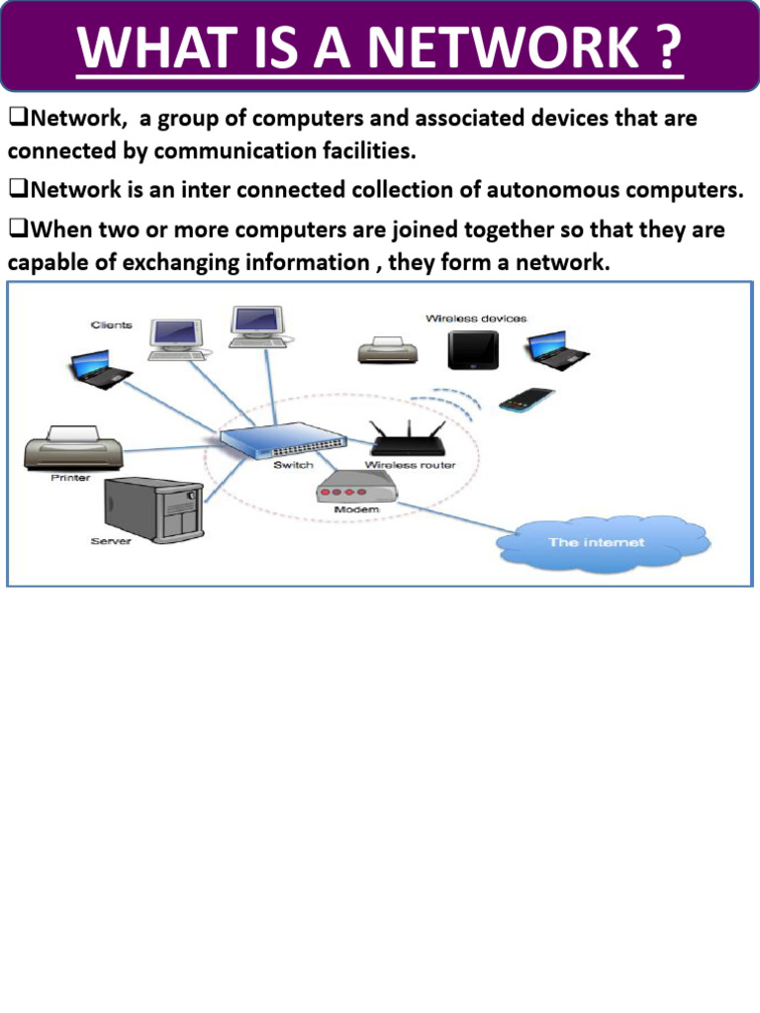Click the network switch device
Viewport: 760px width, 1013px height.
pyautogui.click(x=283, y=440)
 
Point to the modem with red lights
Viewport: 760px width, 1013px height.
pyautogui.click(x=355, y=488)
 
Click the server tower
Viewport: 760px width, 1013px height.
pyautogui.click(x=154, y=509)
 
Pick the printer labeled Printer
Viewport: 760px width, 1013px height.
pyautogui.click(x=73, y=447)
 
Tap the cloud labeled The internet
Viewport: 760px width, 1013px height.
pyautogui.click(x=603, y=543)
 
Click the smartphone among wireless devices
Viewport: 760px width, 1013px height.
pyautogui.click(x=527, y=400)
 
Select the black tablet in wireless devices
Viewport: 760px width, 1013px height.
pyautogui.click(x=473, y=349)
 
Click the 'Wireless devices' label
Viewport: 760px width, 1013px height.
pyautogui.click(x=476, y=319)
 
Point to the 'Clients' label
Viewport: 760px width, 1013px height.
pyautogui.click(x=111, y=324)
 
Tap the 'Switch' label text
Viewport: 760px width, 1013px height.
pyautogui.click(x=293, y=465)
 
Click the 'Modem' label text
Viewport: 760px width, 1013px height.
pyautogui.click(x=356, y=509)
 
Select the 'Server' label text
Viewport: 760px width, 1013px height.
pyautogui.click(x=111, y=541)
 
